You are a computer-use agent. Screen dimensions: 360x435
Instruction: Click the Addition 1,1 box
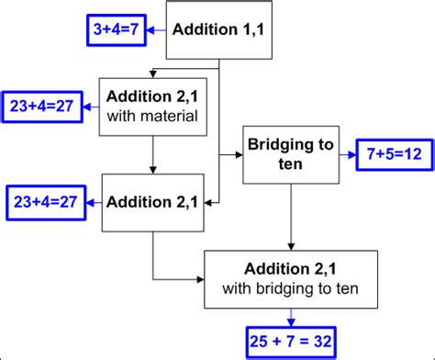[x=218, y=30]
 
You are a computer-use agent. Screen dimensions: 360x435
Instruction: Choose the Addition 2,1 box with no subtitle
[x=153, y=201]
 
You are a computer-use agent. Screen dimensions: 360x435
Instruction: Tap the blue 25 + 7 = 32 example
[x=291, y=341]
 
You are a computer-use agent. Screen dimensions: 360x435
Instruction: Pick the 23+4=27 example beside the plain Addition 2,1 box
[x=43, y=201]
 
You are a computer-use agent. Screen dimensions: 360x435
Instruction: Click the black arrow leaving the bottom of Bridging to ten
[x=291, y=216]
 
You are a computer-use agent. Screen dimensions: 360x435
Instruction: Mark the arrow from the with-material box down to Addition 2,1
[x=153, y=153]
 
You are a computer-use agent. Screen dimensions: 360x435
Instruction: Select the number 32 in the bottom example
[x=322, y=341]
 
